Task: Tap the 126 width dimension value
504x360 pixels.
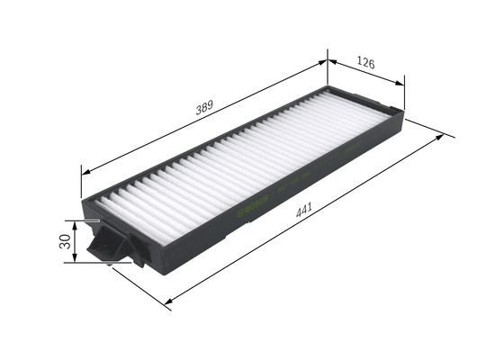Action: point(364,62)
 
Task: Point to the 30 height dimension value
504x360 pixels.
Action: point(62,241)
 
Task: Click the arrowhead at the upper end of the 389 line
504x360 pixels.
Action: point(321,63)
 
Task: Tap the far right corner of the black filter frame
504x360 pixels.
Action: point(402,113)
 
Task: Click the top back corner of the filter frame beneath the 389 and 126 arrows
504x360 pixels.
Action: point(328,87)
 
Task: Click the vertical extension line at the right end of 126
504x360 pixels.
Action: point(403,94)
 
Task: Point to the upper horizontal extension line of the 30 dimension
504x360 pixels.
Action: point(79,219)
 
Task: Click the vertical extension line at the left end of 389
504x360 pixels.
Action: point(82,184)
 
